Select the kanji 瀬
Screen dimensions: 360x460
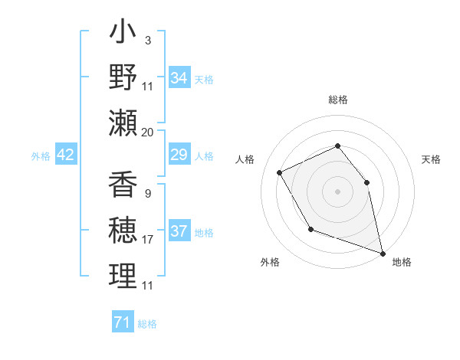(123, 122)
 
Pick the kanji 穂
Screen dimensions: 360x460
(123, 231)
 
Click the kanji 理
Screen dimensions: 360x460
(123, 276)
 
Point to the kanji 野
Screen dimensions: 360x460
(123, 78)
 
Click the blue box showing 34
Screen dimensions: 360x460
(179, 78)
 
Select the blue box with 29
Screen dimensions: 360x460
(179, 155)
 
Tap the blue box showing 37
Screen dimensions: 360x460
(179, 231)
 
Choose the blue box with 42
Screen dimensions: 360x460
(66, 155)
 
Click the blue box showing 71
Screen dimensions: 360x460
(122, 322)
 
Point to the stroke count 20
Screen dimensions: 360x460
(148, 132)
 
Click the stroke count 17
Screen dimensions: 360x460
(148, 240)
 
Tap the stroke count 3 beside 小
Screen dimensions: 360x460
(147, 40)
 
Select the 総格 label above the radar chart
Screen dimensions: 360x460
(337, 100)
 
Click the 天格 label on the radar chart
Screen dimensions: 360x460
(431, 159)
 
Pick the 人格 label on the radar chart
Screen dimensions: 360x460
(245, 159)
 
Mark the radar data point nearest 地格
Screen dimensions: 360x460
(383, 254)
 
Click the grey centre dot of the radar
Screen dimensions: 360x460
(337, 191)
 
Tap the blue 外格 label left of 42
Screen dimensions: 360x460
(41, 156)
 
